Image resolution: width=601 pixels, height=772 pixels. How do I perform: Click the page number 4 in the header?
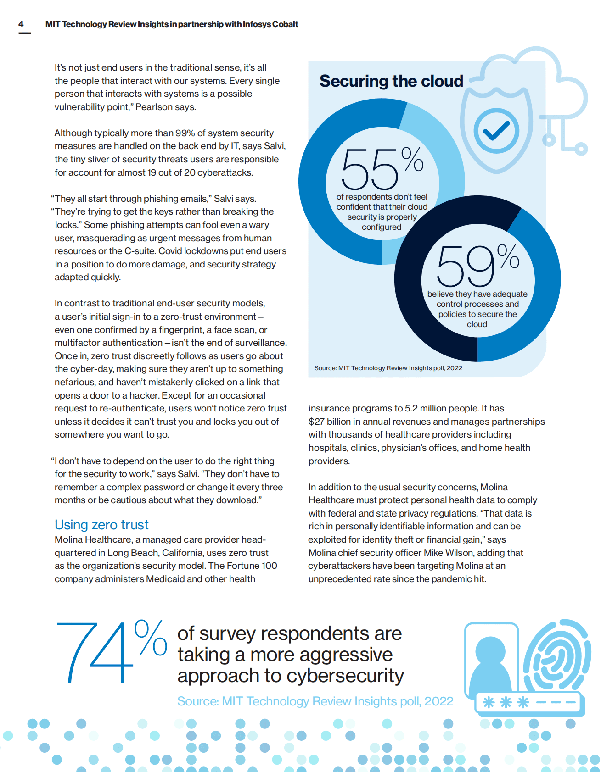pos(21,24)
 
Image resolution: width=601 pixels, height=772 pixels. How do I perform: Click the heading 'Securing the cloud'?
pos(391,81)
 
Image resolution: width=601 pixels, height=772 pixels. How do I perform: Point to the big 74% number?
pos(110,652)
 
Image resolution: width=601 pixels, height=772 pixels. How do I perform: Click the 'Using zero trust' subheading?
pos(101,525)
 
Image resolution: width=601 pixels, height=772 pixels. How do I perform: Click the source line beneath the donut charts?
pos(388,368)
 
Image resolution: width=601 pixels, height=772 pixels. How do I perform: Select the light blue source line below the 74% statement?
pos(315,701)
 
